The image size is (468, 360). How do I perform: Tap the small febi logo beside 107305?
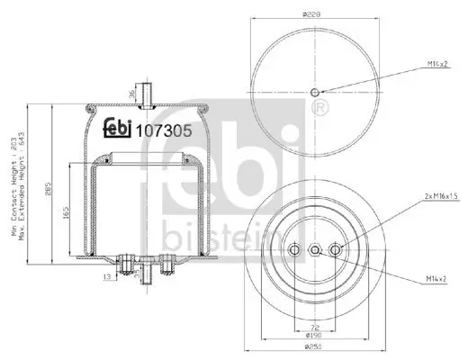click(117, 128)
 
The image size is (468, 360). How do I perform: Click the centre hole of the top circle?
click(314, 93)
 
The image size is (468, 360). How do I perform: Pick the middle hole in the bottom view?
click(314, 249)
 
